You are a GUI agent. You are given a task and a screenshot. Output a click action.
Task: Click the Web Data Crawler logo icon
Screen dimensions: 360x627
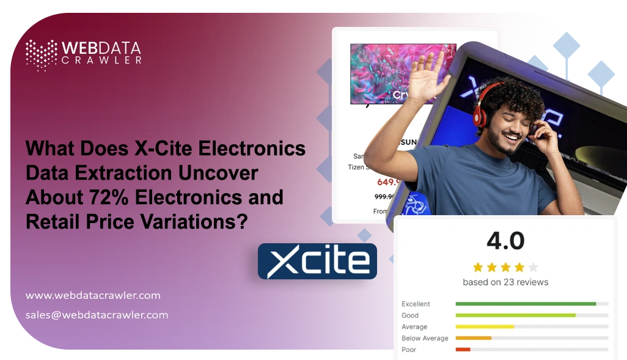41,54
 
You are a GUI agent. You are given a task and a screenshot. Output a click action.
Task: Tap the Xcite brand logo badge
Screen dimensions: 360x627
317,262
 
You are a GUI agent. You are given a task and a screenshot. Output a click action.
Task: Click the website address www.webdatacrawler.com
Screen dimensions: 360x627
93,295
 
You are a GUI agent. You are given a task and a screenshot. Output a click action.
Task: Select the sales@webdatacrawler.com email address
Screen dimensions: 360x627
97,315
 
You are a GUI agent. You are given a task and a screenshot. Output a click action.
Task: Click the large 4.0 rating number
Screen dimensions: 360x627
505,241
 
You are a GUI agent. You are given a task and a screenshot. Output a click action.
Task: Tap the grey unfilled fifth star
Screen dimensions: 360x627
533,267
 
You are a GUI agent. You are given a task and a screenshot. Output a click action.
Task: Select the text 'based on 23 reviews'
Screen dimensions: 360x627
505,282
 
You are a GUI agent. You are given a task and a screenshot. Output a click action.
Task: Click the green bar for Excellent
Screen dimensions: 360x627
526,304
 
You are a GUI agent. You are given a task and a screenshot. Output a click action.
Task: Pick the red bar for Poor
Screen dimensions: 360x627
463,350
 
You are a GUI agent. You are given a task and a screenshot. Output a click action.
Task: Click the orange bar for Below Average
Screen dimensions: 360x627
473,338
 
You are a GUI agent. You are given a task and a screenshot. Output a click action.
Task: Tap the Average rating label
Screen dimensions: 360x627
414,327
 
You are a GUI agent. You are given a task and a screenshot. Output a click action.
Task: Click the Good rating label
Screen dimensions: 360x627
410,315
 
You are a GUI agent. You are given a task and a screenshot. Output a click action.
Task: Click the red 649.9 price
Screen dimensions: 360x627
389,182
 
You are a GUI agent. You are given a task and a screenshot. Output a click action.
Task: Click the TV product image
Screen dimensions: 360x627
394,72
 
